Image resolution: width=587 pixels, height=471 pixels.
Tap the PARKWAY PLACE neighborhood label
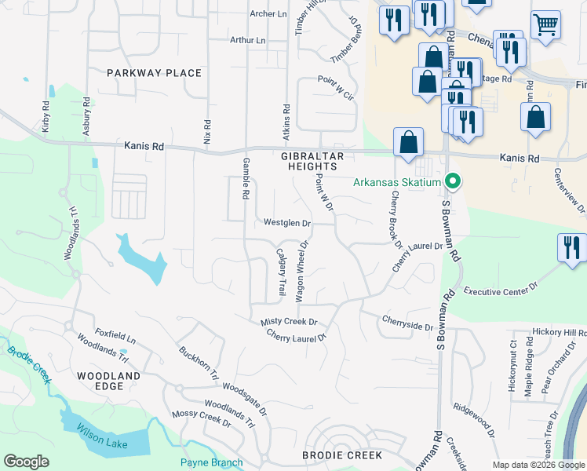[x=155, y=73]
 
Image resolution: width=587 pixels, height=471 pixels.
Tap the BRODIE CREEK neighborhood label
[x=341, y=455]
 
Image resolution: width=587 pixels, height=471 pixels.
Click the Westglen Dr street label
[x=287, y=223]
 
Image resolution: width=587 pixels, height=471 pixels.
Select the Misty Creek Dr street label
[x=288, y=322]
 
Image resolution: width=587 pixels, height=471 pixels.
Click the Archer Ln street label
[x=268, y=14]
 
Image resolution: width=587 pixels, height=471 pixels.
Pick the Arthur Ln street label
[x=248, y=40]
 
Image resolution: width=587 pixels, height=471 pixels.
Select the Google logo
[x=26, y=462]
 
